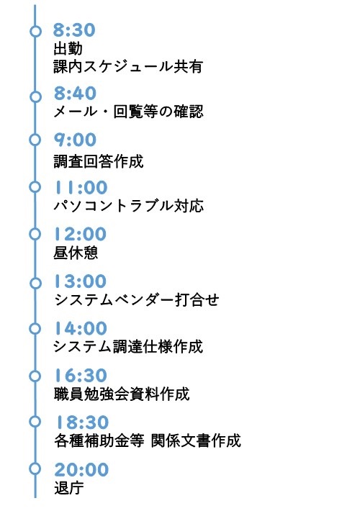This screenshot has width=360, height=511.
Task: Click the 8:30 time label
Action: (x=75, y=31)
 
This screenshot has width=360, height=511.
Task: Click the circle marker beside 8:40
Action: (x=34, y=96)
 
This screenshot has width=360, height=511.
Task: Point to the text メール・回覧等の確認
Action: (x=128, y=112)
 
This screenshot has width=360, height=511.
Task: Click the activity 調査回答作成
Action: (x=99, y=160)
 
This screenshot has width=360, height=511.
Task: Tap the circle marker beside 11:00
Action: (x=34, y=187)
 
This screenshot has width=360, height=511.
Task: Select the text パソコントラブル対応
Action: (x=128, y=206)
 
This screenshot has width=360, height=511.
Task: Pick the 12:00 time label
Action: (x=80, y=234)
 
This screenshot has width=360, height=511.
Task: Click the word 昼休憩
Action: (x=76, y=253)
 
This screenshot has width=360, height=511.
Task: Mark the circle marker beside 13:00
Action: (x=34, y=281)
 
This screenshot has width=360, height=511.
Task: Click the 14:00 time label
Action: (x=80, y=328)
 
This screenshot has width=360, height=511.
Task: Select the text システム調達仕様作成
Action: (x=128, y=347)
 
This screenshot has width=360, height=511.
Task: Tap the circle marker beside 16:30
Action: (x=34, y=376)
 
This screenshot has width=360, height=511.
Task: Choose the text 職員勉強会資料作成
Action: (x=121, y=394)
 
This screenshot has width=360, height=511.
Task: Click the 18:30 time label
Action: (x=80, y=422)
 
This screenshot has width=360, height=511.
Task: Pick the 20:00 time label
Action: (x=81, y=469)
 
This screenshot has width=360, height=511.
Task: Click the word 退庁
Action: (x=68, y=488)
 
